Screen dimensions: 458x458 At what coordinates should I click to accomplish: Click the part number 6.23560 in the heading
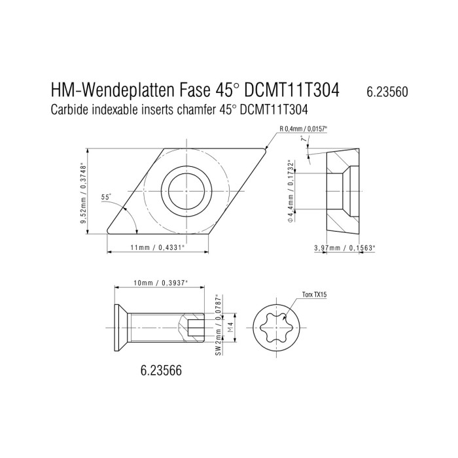387,92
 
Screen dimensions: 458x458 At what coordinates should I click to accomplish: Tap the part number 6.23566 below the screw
161,371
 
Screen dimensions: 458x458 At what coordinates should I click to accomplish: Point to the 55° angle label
106,197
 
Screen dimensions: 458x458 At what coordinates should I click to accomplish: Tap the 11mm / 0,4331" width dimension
158,248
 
